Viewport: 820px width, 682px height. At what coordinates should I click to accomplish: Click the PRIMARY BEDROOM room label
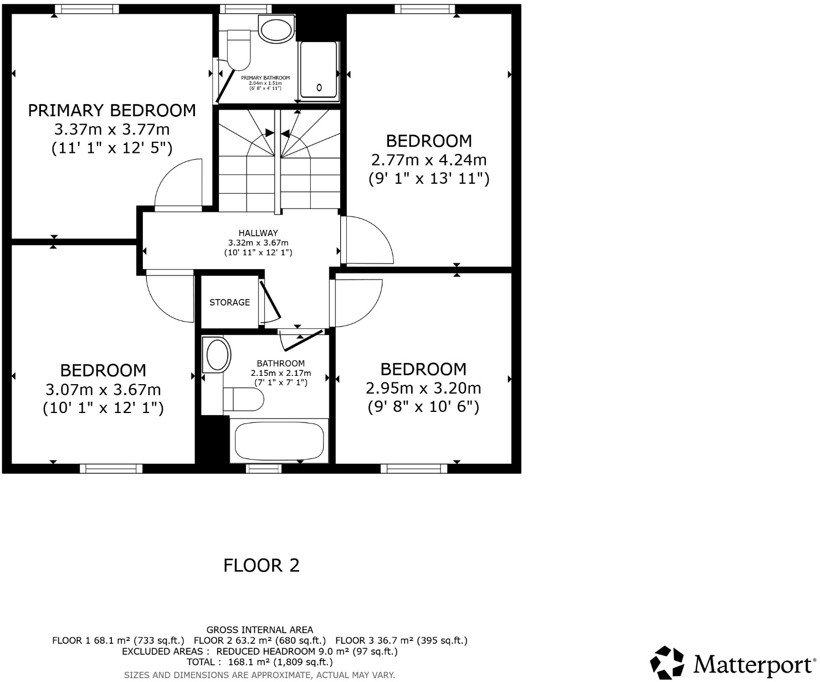click(112, 111)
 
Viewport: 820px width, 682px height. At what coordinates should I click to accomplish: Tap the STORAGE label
click(229, 302)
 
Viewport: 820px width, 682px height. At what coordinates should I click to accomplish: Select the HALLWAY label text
click(258, 233)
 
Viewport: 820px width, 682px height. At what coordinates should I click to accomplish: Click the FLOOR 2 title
click(262, 565)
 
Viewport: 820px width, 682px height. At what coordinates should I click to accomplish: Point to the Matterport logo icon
click(668, 663)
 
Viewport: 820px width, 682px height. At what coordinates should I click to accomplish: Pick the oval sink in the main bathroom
click(217, 355)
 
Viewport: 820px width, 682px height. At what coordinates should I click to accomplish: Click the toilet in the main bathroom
click(244, 399)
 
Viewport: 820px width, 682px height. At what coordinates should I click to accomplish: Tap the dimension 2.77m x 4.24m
click(429, 160)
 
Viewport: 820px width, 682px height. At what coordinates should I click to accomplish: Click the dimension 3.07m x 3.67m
click(103, 389)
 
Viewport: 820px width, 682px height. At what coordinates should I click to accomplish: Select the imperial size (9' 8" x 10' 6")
click(423, 407)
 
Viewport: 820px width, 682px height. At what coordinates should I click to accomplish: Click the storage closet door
click(270, 301)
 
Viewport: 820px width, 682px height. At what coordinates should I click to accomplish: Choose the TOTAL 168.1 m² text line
click(260, 662)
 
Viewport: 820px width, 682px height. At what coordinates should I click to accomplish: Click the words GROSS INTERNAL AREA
click(260, 630)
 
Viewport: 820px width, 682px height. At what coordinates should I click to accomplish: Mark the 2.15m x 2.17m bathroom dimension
click(281, 373)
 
